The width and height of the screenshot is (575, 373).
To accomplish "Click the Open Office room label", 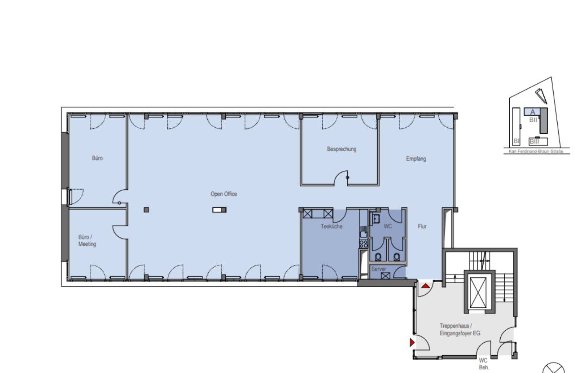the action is (x=223, y=194).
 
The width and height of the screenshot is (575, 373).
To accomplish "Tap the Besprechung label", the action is (x=341, y=149).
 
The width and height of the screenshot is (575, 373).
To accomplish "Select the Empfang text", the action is (x=416, y=159).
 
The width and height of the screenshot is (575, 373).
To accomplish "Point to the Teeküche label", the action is (x=331, y=226).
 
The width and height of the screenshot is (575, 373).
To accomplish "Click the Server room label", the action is (x=378, y=269).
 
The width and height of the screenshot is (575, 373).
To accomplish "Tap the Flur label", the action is (x=422, y=226).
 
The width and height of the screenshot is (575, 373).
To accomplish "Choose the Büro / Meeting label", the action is (x=87, y=240).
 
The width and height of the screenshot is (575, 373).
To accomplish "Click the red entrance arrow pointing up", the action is (x=426, y=286).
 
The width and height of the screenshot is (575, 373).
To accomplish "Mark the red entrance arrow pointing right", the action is (x=412, y=342).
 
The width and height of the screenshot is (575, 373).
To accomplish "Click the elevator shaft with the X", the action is (x=478, y=292).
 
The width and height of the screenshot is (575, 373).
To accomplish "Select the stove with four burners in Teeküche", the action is (x=363, y=244).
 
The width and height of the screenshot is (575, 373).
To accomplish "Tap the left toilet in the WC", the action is (x=378, y=256).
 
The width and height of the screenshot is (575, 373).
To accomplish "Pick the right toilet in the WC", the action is (x=397, y=256).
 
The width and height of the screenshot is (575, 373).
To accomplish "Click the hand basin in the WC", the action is (x=376, y=219).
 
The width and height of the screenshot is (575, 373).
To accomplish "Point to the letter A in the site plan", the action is (x=532, y=112).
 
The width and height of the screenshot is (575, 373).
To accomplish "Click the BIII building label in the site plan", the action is (x=534, y=141).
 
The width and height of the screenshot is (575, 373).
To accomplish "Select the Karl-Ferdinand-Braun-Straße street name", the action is (x=536, y=151).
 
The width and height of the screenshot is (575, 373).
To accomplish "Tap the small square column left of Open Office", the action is (x=146, y=210).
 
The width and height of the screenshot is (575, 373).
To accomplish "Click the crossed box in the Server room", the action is (x=386, y=276).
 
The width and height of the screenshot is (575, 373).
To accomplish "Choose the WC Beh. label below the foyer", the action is (x=483, y=364).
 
